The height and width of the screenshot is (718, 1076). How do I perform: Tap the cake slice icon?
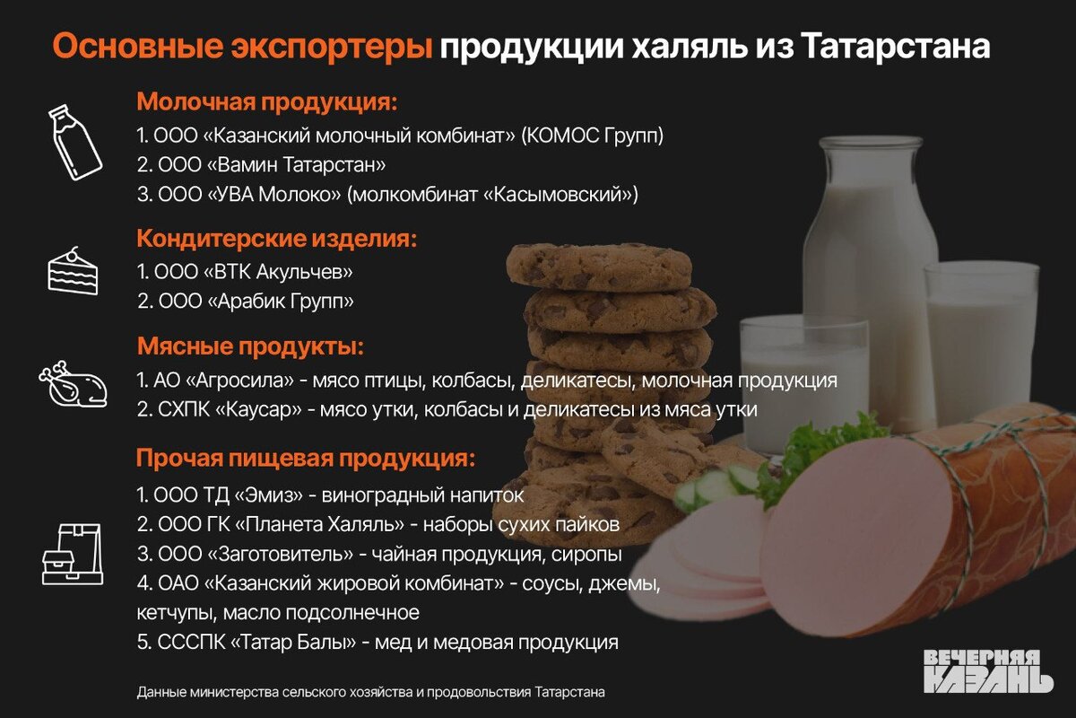[73, 271]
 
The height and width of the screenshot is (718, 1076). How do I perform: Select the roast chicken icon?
[74, 385]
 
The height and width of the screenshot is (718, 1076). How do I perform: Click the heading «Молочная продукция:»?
[267, 101]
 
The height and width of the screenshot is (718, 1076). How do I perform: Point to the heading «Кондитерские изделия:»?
[277, 239]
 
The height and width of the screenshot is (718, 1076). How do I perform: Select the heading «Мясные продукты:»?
[250, 346]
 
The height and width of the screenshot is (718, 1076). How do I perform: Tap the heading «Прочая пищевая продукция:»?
[305, 459]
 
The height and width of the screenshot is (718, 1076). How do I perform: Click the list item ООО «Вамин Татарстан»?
[262, 165]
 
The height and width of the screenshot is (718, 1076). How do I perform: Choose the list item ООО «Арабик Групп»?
[246, 301]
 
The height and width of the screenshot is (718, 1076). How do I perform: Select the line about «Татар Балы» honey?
[377, 643]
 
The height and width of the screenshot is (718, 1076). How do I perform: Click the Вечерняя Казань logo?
[987, 670]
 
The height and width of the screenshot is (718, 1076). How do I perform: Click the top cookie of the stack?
[599, 267]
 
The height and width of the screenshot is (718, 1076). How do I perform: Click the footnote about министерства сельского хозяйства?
[371, 692]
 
